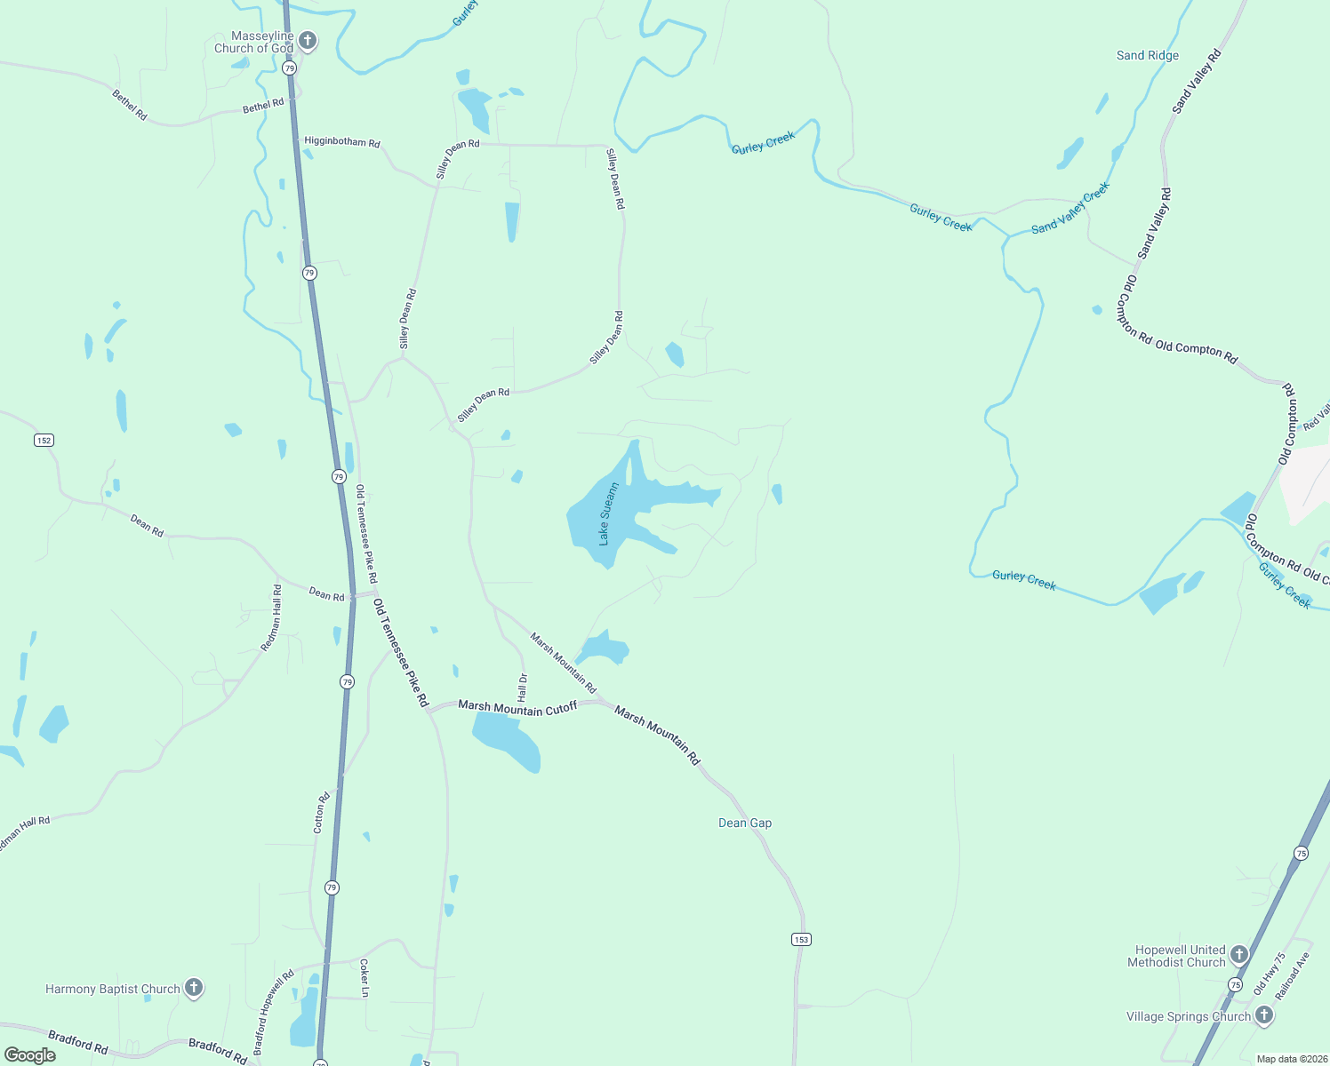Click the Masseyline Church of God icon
tap(308, 40)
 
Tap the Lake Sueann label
tap(608, 513)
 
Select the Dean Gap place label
tap(745, 823)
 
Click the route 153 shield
tap(801, 939)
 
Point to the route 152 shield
tap(44, 440)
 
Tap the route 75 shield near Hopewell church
tap(1236, 984)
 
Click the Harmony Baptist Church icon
tap(193, 988)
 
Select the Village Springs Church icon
tap(1264, 1016)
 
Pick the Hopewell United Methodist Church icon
tap(1239, 955)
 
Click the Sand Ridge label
tap(1147, 55)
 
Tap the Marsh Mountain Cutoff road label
tap(517, 708)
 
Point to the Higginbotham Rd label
tap(342, 142)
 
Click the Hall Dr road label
tap(523, 687)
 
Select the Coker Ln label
tap(365, 978)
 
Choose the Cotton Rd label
tap(322, 812)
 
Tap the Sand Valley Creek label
tap(1070, 208)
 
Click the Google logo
tap(30, 1055)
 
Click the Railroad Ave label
tap(1293, 976)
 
